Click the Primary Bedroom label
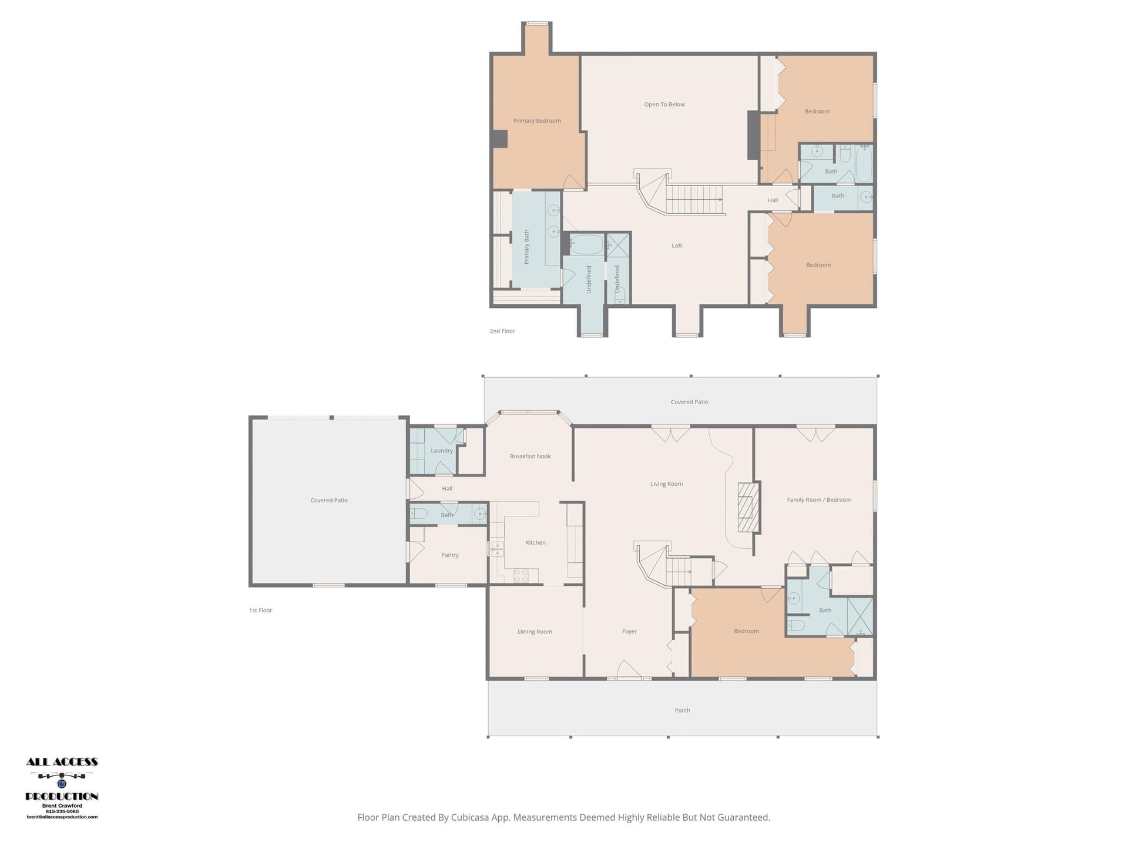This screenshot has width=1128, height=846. (x=537, y=121)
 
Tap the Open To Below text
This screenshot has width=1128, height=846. (x=664, y=105)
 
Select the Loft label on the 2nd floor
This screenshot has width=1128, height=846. (x=677, y=246)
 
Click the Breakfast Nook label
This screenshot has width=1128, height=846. (x=530, y=456)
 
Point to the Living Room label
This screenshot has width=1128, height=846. (x=667, y=484)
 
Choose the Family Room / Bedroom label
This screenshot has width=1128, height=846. (x=819, y=500)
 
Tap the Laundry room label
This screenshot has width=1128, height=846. (x=442, y=451)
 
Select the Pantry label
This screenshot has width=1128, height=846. (x=450, y=555)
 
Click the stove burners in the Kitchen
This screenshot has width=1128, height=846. (x=521, y=576)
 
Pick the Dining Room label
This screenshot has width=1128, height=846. (x=535, y=632)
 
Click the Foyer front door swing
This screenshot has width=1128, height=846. (x=629, y=669)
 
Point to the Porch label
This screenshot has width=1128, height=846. (x=682, y=711)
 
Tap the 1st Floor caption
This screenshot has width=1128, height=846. (x=260, y=610)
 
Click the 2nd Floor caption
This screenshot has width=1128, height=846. (x=502, y=331)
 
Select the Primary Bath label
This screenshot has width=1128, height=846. (x=526, y=247)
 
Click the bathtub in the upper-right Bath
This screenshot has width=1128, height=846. (x=864, y=163)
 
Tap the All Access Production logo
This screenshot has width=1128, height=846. (x=62, y=788)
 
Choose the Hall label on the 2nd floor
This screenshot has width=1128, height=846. (x=773, y=200)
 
